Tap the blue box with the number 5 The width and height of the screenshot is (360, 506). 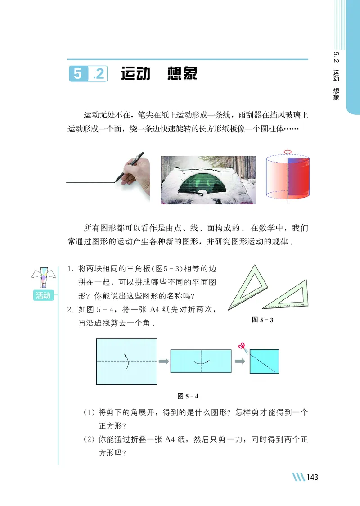coord(78,74)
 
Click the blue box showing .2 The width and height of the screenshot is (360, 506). coord(98,74)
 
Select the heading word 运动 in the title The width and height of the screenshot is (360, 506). coord(135,74)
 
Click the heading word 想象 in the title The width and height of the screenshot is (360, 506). coord(182,74)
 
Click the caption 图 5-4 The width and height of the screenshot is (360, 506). coord(188,396)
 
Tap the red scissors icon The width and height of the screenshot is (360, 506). coord(242,346)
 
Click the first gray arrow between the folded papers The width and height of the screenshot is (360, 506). coord(163,361)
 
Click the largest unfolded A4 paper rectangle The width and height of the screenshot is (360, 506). coord(126,361)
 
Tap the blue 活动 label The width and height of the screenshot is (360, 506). coord(44,295)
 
